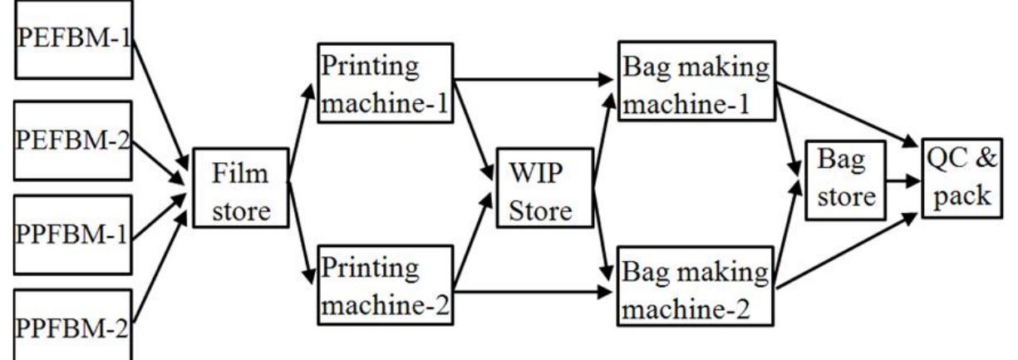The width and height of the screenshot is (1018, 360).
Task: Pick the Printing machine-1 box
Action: coord(384,90)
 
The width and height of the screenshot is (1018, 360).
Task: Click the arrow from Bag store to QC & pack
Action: coord(901,179)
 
